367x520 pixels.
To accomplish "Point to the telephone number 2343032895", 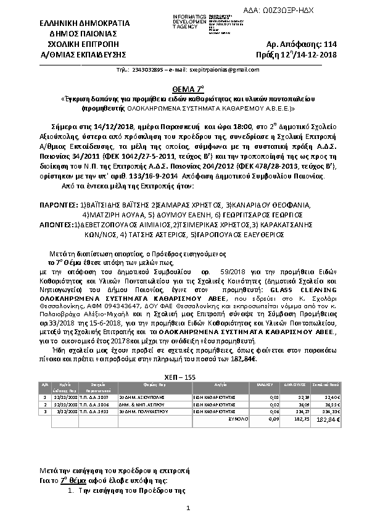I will pos(148,70).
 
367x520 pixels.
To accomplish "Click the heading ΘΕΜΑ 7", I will pos(183,88).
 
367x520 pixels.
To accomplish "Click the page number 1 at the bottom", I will pos(186,508).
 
